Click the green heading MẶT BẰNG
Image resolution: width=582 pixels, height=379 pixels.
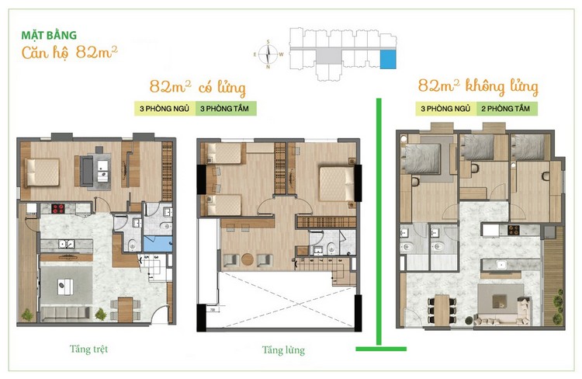49,35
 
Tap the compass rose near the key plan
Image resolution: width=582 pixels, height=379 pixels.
268,54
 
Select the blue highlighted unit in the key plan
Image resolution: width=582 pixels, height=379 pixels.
388,60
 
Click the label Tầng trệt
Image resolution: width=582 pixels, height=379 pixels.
88,349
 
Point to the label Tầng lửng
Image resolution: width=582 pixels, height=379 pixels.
283,350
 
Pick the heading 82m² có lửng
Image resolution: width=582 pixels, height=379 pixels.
197,87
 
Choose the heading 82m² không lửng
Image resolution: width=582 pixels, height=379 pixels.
478,86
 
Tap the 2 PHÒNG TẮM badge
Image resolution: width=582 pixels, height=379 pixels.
506,109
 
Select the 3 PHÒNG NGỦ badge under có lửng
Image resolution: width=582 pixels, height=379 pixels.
165,109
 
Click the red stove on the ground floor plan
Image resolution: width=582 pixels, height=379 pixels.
57,208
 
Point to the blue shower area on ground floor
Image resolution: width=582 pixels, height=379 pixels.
158,244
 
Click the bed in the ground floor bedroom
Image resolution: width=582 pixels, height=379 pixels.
42,172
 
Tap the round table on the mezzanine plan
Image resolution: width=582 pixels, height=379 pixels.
248,259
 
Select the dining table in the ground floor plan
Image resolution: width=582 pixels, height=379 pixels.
126,309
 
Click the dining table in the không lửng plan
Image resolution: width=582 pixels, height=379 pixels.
442,310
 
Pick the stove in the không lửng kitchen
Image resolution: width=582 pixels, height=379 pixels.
514,230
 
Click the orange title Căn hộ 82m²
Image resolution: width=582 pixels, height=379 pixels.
69,52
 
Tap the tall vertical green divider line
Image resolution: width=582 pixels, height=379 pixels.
379,221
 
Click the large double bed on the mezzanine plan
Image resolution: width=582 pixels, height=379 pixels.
337,184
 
